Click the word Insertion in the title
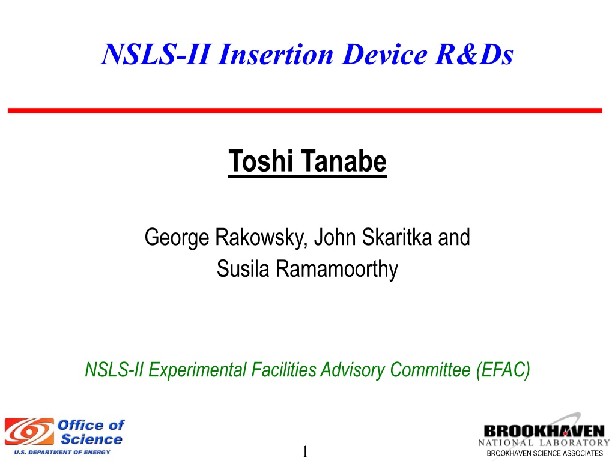pyautogui.click(x=276, y=54)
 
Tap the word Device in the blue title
pyautogui.click(x=384, y=54)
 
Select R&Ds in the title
pyautogui.click(x=474, y=54)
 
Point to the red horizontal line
pyautogui.click(x=304, y=111)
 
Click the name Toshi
pyautogui.click(x=261, y=161)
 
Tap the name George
pyautogui.click(x=177, y=238)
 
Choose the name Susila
pyautogui.click(x=243, y=268)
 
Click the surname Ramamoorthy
pyautogui.click(x=337, y=270)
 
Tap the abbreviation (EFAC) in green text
pyautogui.click(x=503, y=370)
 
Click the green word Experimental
pyautogui.click(x=197, y=370)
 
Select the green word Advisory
pyautogui.click(x=352, y=370)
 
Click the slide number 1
pyautogui.click(x=305, y=451)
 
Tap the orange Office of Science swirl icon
pyautogui.click(x=29, y=432)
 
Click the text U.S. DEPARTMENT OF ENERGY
pyautogui.click(x=62, y=453)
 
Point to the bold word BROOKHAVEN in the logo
pyautogui.click(x=544, y=432)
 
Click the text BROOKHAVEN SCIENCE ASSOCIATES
pyautogui.click(x=545, y=453)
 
